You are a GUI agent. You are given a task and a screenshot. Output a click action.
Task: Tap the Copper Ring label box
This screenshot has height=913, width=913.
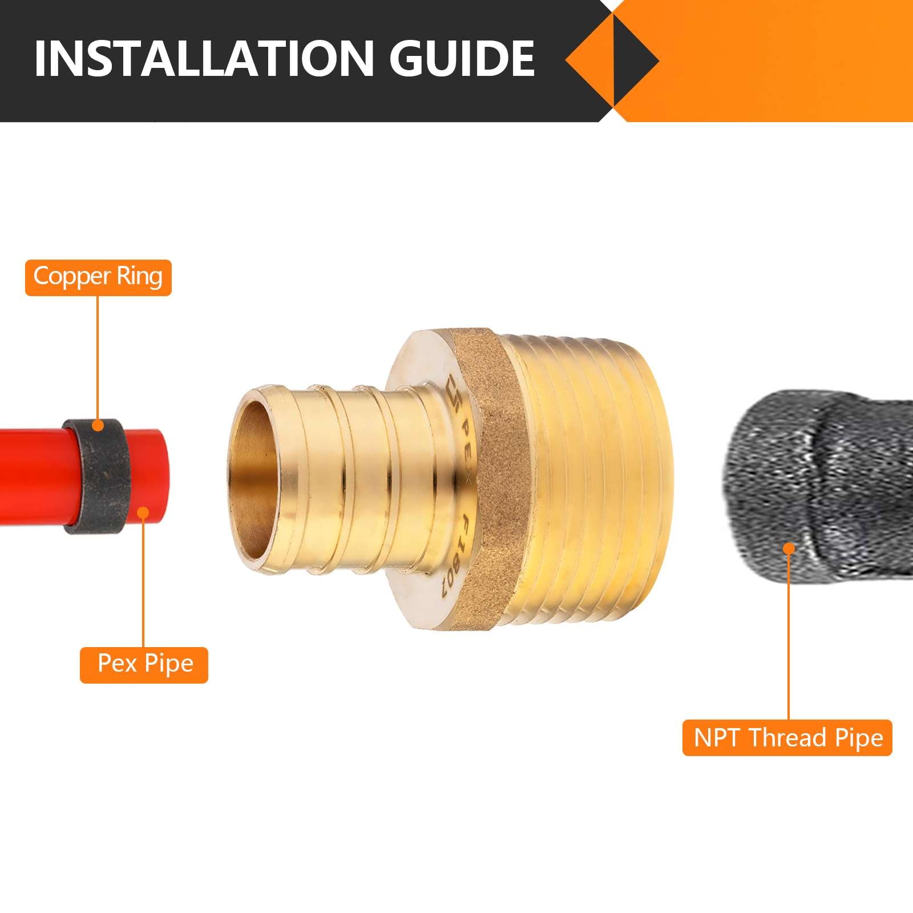pyautogui.click(x=98, y=277)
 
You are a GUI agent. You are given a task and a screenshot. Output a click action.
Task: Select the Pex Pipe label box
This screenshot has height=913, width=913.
pyautogui.click(x=144, y=664)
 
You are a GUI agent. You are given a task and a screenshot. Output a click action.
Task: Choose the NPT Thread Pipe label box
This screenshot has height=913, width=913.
pyautogui.click(x=787, y=738)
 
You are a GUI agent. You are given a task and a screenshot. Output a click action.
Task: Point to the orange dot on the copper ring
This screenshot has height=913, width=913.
pyautogui.click(x=98, y=425)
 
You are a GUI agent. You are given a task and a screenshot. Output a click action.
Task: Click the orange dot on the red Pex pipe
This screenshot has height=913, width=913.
pyautogui.click(x=144, y=513)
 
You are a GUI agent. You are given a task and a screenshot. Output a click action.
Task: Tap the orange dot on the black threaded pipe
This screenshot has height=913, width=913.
pyautogui.click(x=789, y=549)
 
